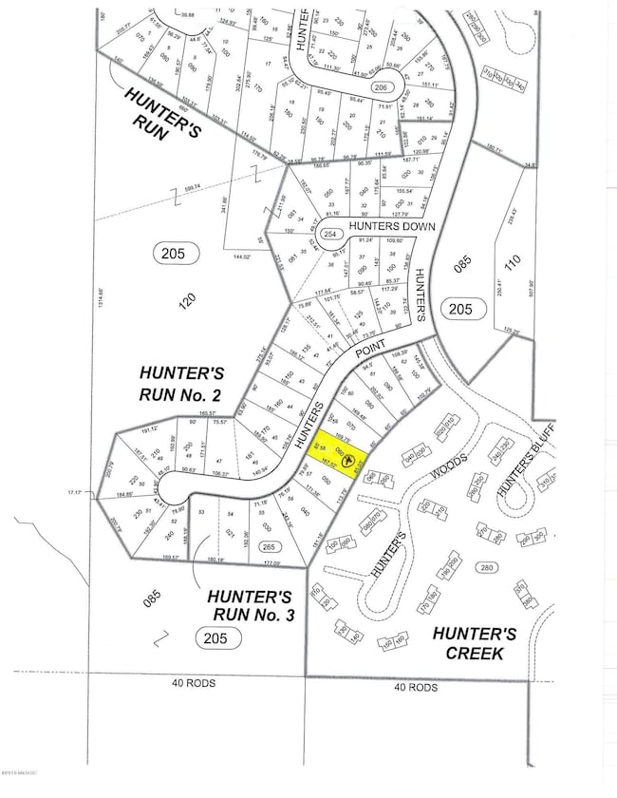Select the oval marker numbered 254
coord(330,234)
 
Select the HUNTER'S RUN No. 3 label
coord(250,605)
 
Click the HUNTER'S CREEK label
coord(478,642)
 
